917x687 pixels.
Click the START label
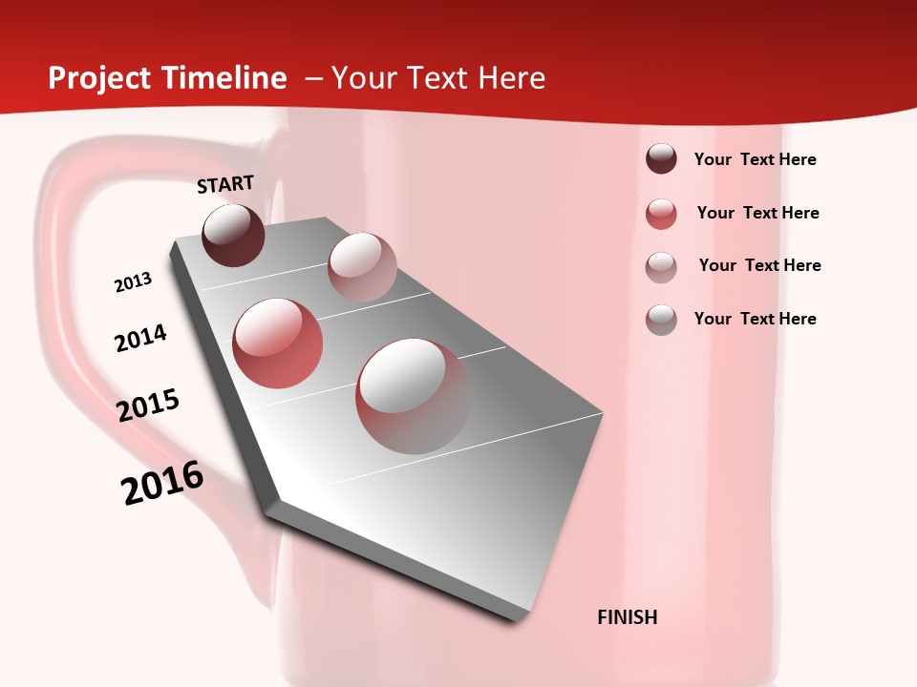coord(225,184)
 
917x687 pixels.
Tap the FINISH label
coord(628,617)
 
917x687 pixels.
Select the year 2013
coord(133,282)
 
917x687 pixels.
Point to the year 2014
coord(140,338)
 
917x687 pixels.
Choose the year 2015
coord(148,406)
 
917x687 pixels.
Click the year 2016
coord(162,483)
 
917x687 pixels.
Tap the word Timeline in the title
coord(225,78)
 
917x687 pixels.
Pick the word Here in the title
coord(511,78)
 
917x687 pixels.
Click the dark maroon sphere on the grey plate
coord(233,235)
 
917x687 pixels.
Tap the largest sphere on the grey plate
coord(413,395)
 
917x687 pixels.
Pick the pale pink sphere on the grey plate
coord(362,266)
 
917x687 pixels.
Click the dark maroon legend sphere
coord(661,159)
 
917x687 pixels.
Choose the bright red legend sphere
coord(661,214)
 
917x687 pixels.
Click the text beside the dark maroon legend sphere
coord(755,159)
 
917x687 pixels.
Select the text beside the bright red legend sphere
coord(757,213)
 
